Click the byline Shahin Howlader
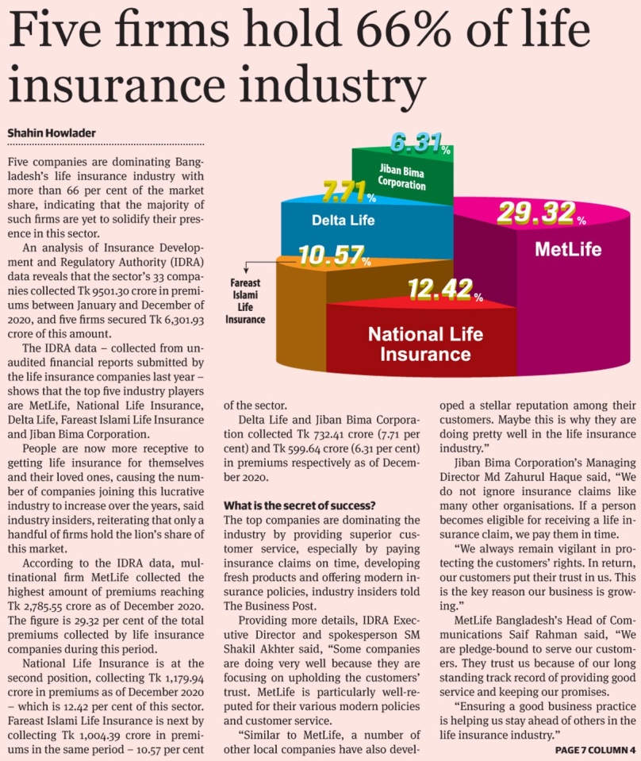52,133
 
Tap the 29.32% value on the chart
542,213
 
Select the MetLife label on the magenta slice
568,249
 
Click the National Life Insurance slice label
425,344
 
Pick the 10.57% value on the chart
334,256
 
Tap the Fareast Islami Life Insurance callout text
245,301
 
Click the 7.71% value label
349,191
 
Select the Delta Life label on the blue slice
343,221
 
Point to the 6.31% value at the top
420,143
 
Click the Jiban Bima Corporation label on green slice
401,177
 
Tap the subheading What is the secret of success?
299,505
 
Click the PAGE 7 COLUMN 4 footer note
595,750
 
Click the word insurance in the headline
117,83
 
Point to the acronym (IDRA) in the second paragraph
186,262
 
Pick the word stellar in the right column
497,405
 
